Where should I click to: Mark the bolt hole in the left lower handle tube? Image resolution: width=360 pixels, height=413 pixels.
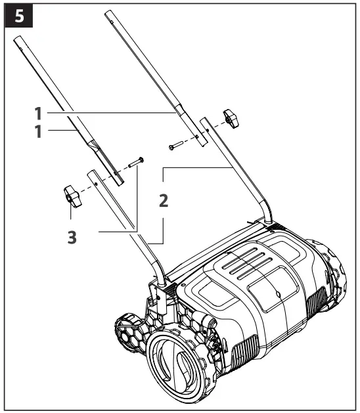pyautogui.click(x=97, y=185)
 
